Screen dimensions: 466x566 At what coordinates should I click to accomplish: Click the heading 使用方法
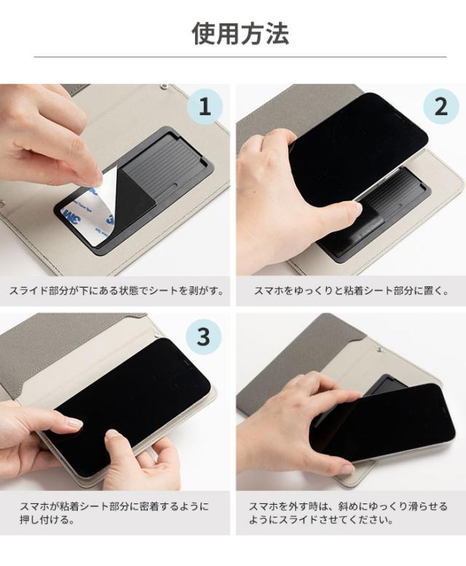click(240, 34)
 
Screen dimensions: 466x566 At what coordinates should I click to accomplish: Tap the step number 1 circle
click(205, 107)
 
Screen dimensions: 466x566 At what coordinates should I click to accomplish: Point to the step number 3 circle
click(203, 337)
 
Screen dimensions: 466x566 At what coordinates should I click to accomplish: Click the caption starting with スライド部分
click(116, 291)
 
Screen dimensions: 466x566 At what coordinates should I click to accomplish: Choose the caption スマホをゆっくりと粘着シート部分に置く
click(351, 291)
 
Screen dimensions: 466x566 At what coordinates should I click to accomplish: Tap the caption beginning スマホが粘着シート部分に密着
click(114, 513)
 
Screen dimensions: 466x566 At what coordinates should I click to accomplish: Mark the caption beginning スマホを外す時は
click(348, 513)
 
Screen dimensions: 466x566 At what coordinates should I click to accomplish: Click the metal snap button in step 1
click(165, 87)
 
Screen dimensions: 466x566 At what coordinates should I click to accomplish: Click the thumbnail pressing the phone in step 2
click(358, 208)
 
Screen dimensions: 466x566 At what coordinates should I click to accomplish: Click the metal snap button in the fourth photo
click(379, 349)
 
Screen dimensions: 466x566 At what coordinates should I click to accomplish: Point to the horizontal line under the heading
click(240, 57)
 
